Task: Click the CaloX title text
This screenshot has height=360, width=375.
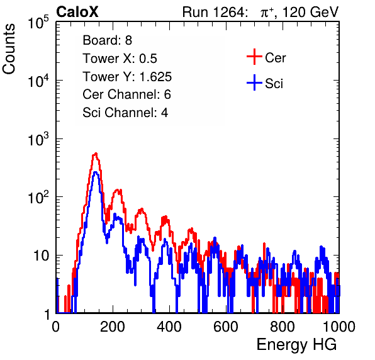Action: click(77, 12)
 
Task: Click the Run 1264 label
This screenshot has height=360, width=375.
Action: click(213, 12)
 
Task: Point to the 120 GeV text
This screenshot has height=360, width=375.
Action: click(310, 12)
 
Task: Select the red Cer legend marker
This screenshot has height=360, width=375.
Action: click(254, 57)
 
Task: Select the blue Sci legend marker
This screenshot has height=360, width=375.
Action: click(254, 82)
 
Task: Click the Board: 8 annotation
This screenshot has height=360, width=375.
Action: click(108, 40)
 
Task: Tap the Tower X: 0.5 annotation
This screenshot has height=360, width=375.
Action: click(120, 59)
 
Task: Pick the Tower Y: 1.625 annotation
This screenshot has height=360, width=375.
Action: click(127, 77)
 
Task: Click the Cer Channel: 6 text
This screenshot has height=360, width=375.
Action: click(126, 94)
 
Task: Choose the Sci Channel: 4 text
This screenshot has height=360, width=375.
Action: click(125, 113)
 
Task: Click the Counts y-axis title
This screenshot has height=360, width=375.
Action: click(9, 49)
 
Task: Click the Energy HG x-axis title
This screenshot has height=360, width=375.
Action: click(296, 345)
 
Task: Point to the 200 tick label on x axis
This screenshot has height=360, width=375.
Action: click(112, 327)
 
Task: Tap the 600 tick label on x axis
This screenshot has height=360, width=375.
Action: click(225, 327)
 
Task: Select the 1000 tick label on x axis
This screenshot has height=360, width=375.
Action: click(339, 327)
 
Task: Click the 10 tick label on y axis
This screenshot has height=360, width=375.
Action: click(41, 256)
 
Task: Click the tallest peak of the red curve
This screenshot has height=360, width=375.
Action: click(96, 154)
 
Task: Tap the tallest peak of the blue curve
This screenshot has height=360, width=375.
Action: click(96, 172)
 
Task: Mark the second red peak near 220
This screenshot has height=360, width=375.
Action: click(117, 190)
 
